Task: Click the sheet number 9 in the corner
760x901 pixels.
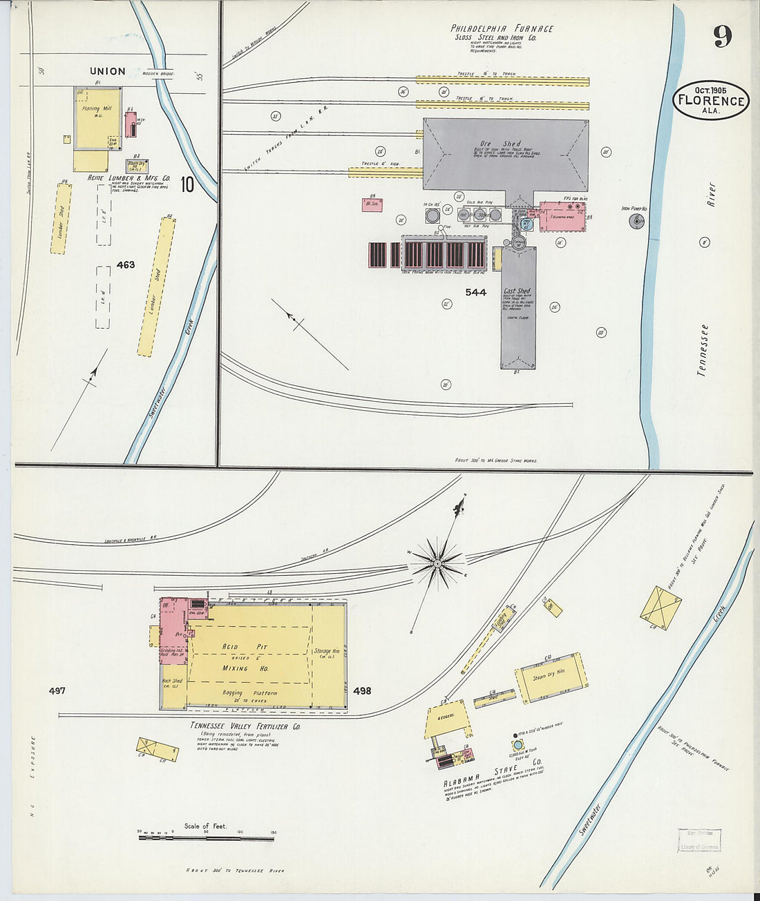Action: [723, 35]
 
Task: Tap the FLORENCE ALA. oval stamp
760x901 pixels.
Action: [710, 101]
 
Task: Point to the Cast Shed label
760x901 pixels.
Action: [517, 292]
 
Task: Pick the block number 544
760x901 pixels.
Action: [475, 292]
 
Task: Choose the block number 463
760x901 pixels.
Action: [126, 264]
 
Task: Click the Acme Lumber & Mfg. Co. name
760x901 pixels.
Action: [129, 177]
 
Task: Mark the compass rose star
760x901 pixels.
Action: [436, 564]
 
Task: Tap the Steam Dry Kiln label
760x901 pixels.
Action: [549, 675]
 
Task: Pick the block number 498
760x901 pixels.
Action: [361, 690]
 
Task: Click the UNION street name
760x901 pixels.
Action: [108, 71]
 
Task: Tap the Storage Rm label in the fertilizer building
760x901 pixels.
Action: [325, 651]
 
